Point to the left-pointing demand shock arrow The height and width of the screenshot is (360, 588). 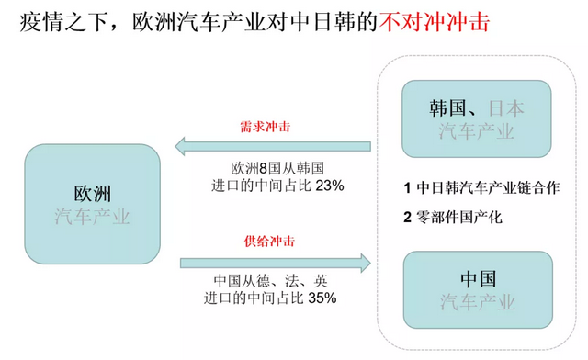[x=276, y=145]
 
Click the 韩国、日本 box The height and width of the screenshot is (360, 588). [x=478, y=118]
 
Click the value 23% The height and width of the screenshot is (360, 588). [x=329, y=186]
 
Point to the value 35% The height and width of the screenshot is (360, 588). [x=322, y=298]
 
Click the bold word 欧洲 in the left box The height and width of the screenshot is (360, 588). [x=92, y=195]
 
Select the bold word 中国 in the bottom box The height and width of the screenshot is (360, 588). [x=478, y=278]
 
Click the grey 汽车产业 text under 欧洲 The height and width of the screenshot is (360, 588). [x=92, y=218]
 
